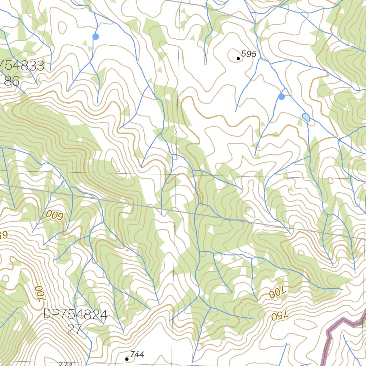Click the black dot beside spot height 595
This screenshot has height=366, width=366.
(238, 58)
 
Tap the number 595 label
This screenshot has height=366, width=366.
(249, 54)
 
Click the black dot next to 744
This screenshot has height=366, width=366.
(127, 358)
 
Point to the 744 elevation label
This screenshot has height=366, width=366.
(137, 354)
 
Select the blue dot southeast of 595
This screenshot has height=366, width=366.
(282, 97)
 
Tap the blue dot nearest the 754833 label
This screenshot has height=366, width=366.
(95, 36)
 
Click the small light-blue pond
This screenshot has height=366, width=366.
(306, 117)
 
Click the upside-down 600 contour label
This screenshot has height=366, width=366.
(55, 215)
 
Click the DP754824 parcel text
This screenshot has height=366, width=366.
(75, 315)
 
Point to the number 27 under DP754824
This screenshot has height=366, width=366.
(74, 330)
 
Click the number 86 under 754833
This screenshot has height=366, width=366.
(11, 81)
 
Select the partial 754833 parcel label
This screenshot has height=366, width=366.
(21, 66)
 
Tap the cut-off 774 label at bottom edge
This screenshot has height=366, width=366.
(65, 364)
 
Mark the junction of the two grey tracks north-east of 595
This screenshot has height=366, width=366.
(256, 24)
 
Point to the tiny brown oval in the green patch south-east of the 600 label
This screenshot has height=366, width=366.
(127, 250)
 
